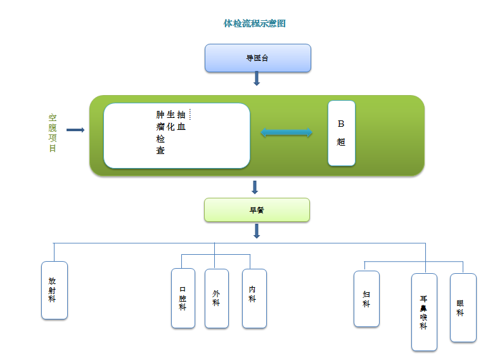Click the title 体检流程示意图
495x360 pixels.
pos(254,23)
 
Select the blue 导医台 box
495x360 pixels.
pos(257,58)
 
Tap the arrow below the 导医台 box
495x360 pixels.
pos(257,79)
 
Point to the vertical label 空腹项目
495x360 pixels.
pos(53,133)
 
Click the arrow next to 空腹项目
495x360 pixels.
pos(75,130)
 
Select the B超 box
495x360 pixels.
pos(342,133)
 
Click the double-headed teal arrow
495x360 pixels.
pos(286,132)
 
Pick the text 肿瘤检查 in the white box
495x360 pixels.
pos(160,132)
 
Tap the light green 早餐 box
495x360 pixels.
pos(257,210)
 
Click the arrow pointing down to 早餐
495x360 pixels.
pos(255,187)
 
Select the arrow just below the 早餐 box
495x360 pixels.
pos(257,231)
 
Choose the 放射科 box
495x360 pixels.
pos(55,290)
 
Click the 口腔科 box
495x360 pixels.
pos(183,299)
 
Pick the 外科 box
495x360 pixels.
pos(217,299)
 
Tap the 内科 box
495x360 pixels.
pos(254,299)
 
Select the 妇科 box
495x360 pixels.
pos(366,299)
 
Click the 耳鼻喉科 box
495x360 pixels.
pos(424,312)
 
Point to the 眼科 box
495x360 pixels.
pos(463,307)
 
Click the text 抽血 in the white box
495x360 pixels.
pos(181,120)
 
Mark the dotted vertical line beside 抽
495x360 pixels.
pos(190,114)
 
